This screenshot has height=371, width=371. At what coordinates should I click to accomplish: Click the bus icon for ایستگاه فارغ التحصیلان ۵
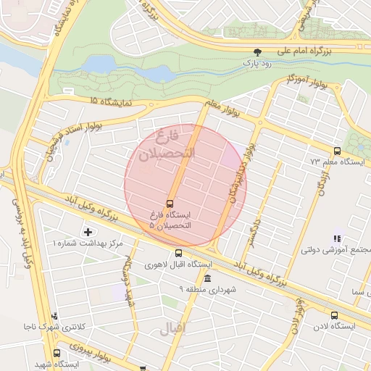click(x=170, y=204)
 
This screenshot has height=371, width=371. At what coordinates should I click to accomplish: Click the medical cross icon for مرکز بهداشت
click(x=88, y=232)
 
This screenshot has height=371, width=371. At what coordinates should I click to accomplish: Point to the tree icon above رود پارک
click(x=257, y=51)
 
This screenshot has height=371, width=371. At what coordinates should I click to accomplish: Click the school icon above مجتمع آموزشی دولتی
click(x=336, y=238)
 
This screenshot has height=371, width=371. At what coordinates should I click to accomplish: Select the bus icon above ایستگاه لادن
click(x=334, y=315)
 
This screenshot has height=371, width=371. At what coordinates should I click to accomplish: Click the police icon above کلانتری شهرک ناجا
click(x=55, y=316)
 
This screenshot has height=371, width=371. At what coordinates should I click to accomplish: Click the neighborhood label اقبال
click(x=174, y=328)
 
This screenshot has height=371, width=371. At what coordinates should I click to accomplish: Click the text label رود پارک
click(x=258, y=63)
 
